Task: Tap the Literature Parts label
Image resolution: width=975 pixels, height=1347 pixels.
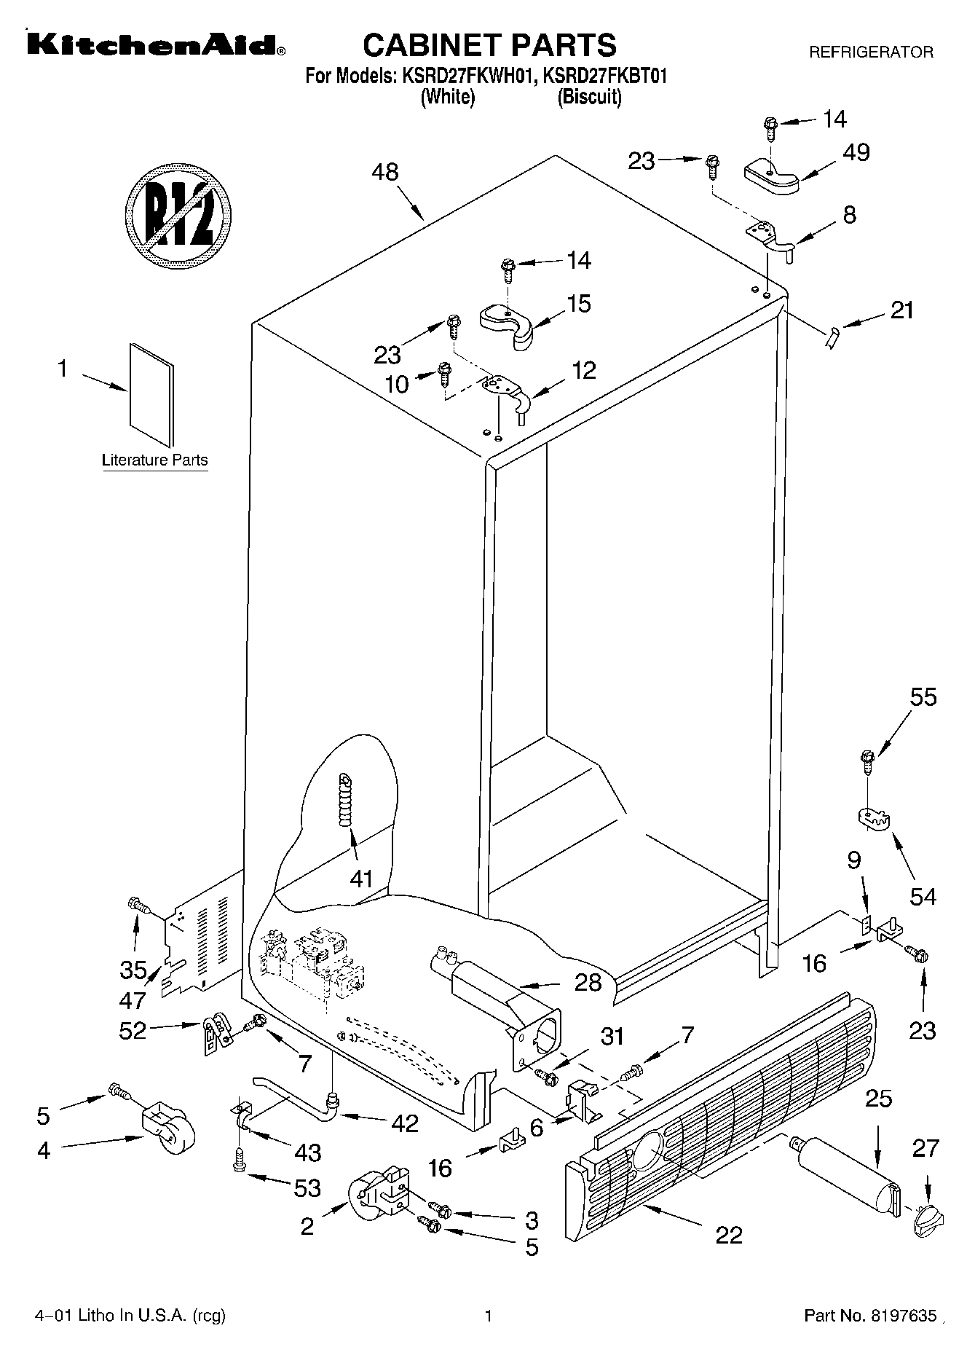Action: (154, 460)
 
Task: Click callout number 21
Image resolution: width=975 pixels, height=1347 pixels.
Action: (901, 310)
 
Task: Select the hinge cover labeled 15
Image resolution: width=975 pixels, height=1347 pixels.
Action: (507, 324)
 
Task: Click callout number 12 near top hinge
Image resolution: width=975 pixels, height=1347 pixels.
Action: (583, 370)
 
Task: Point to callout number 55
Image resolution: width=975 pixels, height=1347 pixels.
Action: (923, 697)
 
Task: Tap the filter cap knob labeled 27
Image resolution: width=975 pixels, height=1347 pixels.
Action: (926, 1219)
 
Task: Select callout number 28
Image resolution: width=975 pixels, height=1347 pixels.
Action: (588, 983)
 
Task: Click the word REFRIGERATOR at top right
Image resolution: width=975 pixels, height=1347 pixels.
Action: (871, 52)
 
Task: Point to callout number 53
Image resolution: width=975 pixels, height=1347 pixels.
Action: (307, 1188)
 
